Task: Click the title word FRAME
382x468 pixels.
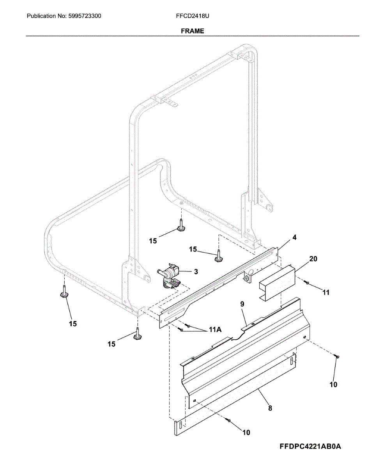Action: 192,31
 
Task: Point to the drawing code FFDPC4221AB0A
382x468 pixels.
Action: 310,447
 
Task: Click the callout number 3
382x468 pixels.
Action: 196,271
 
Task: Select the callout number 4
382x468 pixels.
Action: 294,237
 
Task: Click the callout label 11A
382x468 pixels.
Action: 215,330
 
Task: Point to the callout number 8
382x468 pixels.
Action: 270,408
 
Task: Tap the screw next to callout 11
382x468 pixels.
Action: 307,282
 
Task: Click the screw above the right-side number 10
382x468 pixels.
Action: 337,356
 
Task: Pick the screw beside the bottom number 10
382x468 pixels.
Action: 229,420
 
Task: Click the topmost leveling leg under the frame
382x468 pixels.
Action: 181,226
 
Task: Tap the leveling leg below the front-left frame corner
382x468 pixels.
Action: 137,335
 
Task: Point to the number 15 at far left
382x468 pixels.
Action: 73,323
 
